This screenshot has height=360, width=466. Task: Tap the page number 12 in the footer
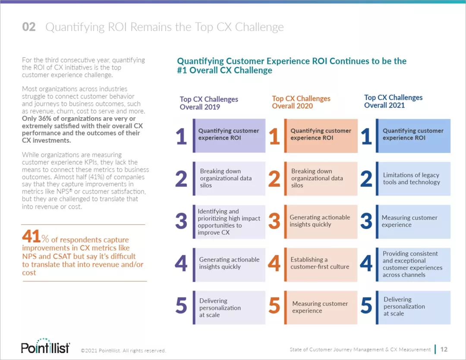coord(444,349)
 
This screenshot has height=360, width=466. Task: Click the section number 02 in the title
coord(29,27)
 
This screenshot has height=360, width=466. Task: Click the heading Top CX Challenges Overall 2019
coord(209,103)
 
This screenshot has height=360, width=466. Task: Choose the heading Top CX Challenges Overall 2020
coord(301,102)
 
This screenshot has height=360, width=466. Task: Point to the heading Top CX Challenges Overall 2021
coord(394,101)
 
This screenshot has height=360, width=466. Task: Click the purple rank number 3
coord(181,222)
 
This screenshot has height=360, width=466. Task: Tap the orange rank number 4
coord(274,263)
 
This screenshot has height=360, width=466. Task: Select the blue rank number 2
coord(366,179)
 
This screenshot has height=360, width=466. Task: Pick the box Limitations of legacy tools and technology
coord(413,178)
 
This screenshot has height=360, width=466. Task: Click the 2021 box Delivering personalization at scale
coord(413,307)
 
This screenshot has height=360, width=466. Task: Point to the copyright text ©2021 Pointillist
coord(123,351)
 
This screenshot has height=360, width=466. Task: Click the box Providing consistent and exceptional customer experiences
coord(413,264)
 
